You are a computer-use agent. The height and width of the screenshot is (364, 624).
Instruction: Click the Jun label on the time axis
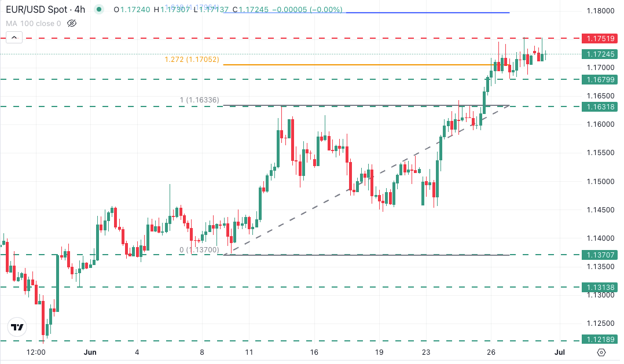tap(89, 352)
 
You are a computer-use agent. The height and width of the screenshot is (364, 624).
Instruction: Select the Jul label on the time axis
tap(559, 352)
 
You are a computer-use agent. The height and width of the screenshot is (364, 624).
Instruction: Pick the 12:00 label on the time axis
tap(36, 352)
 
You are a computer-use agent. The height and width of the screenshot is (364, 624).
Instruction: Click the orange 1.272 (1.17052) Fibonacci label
tap(192, 60)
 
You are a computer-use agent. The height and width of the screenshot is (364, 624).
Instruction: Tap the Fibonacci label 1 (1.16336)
tap(199, 100)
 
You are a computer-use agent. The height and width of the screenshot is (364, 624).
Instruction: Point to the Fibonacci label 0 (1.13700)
tap(199, 249)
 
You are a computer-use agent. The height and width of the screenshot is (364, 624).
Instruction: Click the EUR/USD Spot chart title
tap(43, 10)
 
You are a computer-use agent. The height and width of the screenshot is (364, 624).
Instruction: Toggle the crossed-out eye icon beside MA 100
tap(72, 24)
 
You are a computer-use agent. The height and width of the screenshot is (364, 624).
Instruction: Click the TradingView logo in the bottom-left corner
tap(17, 327)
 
